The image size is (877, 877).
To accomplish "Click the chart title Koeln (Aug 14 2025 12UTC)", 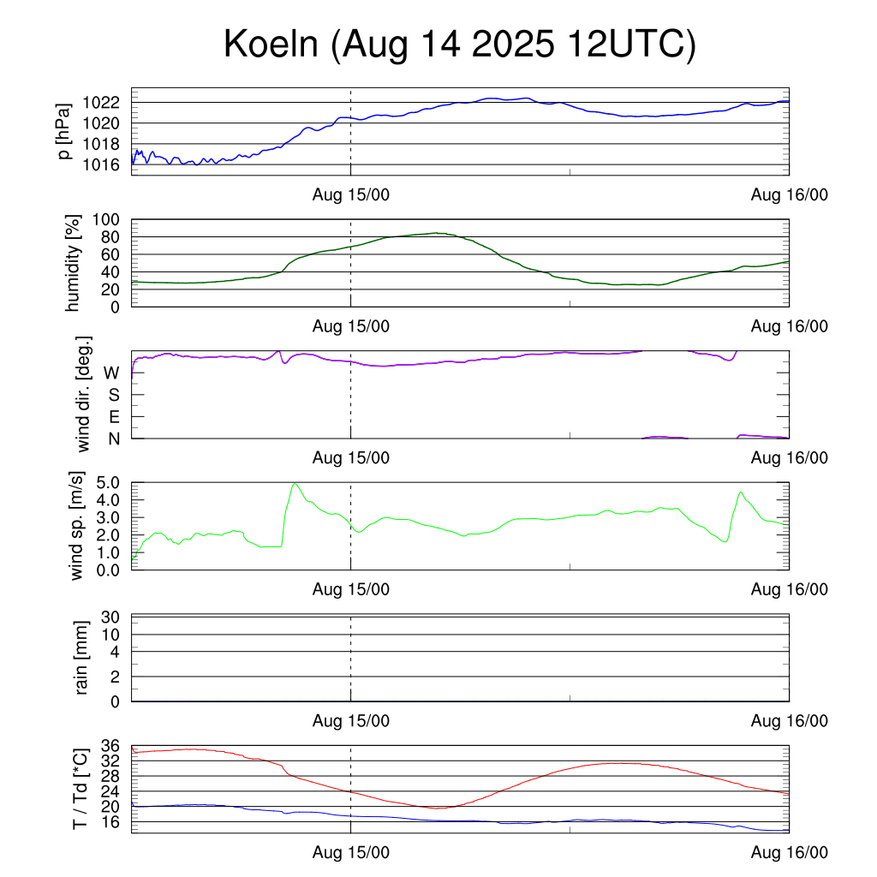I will (460, 45).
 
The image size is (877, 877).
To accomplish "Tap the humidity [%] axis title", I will (74, 263).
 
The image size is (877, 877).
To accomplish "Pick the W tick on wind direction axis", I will (111, 373).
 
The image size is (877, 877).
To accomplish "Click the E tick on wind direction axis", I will (113, 416).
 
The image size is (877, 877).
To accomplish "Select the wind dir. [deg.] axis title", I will (85, 394).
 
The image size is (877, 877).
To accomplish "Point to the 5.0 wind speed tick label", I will (111, 482).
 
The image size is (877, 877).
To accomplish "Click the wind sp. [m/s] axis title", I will (78, 526).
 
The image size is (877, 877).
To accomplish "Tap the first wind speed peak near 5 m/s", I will (295, 484).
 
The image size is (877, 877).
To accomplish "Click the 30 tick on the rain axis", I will (110, 617).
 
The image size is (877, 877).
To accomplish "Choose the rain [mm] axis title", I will (83, 658).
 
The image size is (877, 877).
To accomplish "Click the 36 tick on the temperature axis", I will (110, 746).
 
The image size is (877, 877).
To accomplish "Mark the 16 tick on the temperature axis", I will (110, 822).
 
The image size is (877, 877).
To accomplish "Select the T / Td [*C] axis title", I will (80, 788).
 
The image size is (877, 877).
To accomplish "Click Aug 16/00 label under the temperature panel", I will (789, 852).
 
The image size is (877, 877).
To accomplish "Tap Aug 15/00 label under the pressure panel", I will (350, 195).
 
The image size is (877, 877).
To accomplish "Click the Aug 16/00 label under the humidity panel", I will (789, 326).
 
